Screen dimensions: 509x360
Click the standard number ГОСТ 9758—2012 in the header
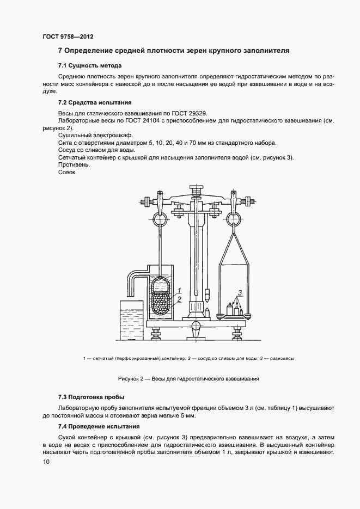[x=68, y=36]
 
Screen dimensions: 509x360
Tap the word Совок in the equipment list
[x=67, y=173]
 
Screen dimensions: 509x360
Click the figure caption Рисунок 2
[x=188, y=378]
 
